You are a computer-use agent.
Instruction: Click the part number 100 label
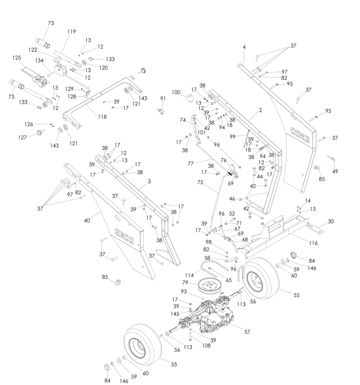click(x=176, y=92)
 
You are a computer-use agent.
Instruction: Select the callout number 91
click(x=163, y=98)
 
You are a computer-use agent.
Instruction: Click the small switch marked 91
click(x=161, y=111)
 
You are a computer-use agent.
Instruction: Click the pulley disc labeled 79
click(x=210, y=286)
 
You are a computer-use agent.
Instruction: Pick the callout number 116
click(x=313, y=243)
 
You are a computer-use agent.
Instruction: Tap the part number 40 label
click(x=87, y=220)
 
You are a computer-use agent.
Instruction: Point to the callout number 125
click(x=17, y=58)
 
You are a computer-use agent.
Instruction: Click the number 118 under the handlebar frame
click(x=102, y=117)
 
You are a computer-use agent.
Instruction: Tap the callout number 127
click(x=23, y=137)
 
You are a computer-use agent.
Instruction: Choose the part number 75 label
click(x=200, y=183)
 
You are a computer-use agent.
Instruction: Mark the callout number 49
click(x=334, y=171)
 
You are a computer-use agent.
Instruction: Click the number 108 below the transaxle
click(x=206, y=346)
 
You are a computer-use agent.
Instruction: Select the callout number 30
click(x=331, y=221)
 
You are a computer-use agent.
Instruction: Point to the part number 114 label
click(x=189, y=275)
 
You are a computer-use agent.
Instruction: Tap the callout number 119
click(x=72, y=31)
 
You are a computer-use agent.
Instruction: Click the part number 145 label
click(x=175, y=314)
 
